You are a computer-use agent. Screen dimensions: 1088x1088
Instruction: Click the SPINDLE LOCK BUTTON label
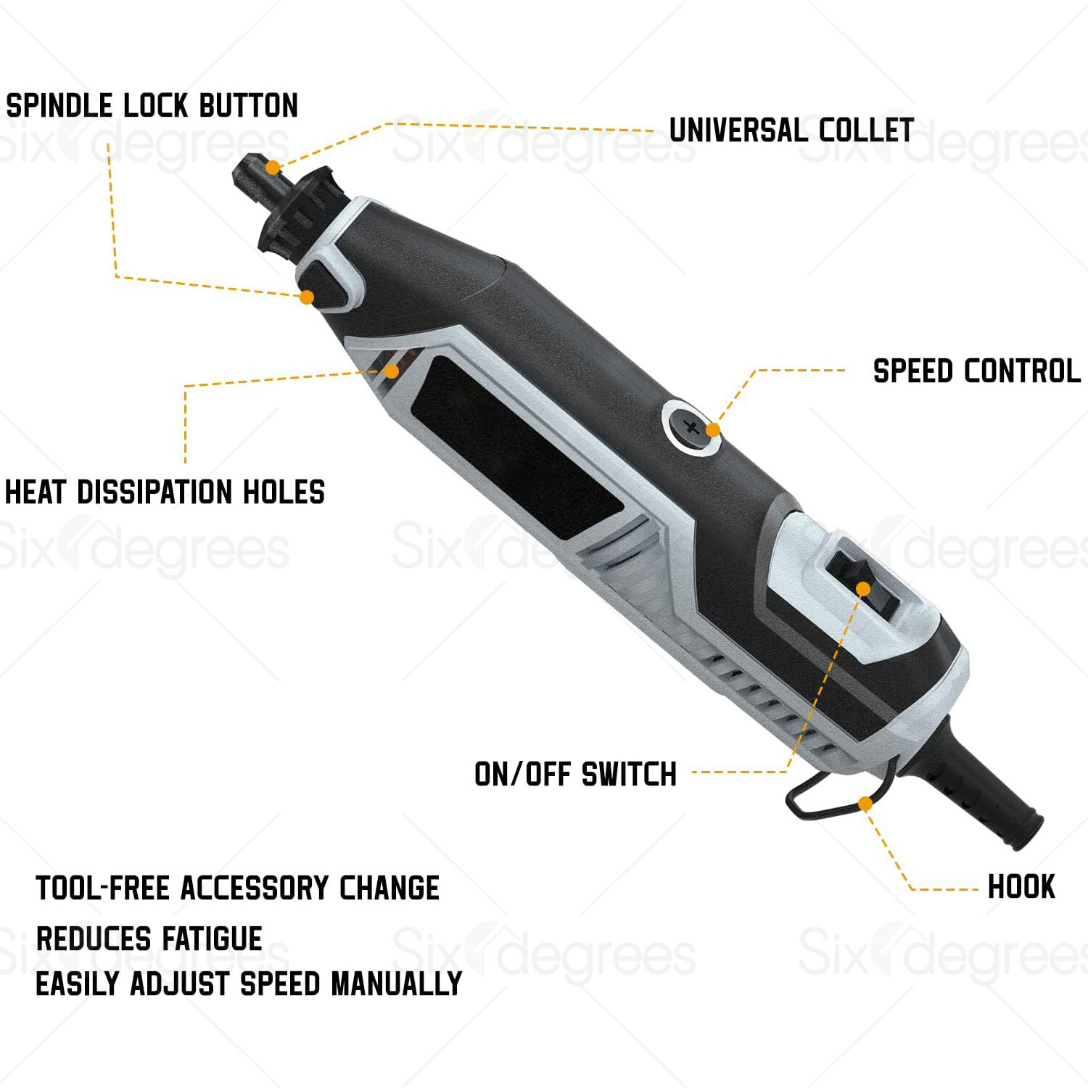click(x=152, y=106)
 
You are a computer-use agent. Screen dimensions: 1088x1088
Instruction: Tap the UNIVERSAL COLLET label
click(x=791, y=131)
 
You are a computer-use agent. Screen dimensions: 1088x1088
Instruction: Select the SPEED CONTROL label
click(x=977, y=371)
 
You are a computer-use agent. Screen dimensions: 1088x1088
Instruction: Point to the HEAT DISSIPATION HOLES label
click(x=165, y=493)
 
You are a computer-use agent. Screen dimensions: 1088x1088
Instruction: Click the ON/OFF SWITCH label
click(x=576, y=775)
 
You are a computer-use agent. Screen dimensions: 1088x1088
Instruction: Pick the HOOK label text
click(x=1021, y=887)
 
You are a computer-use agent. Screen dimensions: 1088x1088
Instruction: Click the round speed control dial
click(x=691, y=427)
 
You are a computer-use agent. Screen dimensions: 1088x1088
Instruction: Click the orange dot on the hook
click(x=865, y=804)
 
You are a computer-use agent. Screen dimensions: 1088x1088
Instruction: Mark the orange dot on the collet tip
click(x=272, y=168)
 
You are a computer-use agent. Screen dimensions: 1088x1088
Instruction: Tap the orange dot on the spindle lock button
click(x=307, y=297)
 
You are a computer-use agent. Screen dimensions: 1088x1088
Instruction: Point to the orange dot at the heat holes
click(x=391, y=371)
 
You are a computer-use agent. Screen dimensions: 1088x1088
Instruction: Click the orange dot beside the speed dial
click(x=713, y=430)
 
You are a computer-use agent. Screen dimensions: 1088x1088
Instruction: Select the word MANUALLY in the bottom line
click(x=396, y=984)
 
